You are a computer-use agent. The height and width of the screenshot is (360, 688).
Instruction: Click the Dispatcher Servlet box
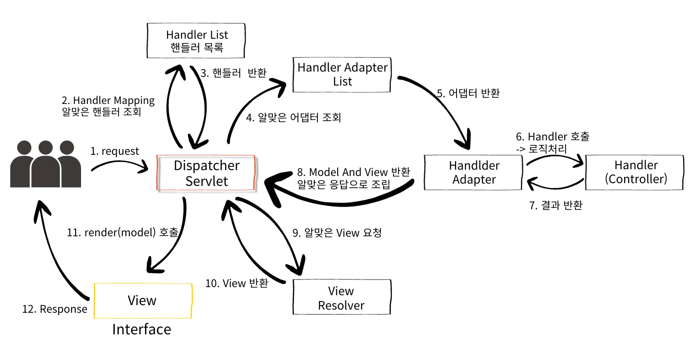[x=206, y=173]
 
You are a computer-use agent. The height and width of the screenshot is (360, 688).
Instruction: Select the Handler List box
[x=196, y=40]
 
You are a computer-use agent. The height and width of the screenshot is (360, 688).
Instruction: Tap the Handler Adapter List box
[x=342, y=75]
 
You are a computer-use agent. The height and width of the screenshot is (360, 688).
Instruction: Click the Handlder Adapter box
[x=473, y=172]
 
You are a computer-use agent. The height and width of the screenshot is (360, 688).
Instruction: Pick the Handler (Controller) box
[x=635, y=172]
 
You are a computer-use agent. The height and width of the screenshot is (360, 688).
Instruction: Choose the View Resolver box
[x=341, y=297]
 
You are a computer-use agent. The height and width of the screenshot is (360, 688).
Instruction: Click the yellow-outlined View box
[x=143, y=301]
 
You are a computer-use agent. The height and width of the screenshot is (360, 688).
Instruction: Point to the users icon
[x=45, y=164]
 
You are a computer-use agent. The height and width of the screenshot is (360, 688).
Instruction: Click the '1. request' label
[x=115, y=151]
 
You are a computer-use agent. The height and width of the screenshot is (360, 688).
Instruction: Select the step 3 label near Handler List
[x=233, y=73]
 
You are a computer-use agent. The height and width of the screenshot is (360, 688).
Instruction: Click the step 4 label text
[x=294, y=118]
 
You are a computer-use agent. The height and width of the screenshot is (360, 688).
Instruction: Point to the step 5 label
[x=468, y=94]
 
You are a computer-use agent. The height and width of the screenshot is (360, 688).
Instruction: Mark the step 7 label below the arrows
[x=556, y=206]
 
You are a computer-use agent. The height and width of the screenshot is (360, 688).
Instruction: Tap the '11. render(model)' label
[x=122, y=233]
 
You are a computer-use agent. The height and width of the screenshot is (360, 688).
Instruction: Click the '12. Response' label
[x=55, y=309]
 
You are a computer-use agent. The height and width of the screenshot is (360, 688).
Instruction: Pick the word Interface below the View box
[x=141, y=329]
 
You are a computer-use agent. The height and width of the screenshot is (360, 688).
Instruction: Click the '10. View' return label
[x=237, y=283]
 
